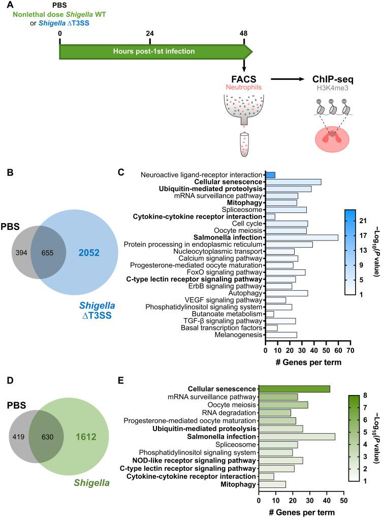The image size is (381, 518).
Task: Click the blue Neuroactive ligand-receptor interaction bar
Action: pyautogui.click(x=270, y=175)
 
